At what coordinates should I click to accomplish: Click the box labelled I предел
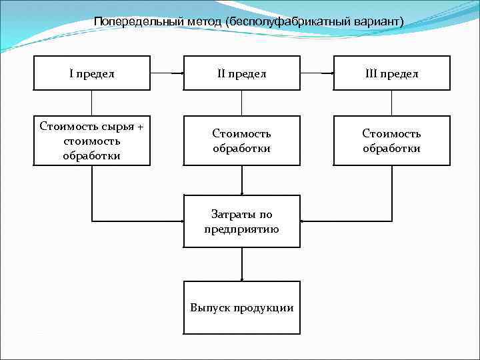coord(91,73)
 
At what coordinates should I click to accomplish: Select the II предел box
coord(241,73)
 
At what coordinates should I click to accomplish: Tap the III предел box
coord(391,73)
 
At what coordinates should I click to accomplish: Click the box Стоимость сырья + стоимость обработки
coord(91,141)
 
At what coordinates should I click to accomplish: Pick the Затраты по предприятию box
coord(241,221)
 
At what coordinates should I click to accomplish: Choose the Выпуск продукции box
coord(241,307)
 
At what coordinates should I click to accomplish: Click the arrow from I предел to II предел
coord(167,73)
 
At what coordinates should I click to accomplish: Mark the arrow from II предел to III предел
coord(317,73)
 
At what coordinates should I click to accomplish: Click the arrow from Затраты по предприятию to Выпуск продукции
coord(241,265)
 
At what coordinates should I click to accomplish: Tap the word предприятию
coord(241,229)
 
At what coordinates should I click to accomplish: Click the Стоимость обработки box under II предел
coord(241,141)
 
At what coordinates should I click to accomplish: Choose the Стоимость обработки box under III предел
coord(391,141)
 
